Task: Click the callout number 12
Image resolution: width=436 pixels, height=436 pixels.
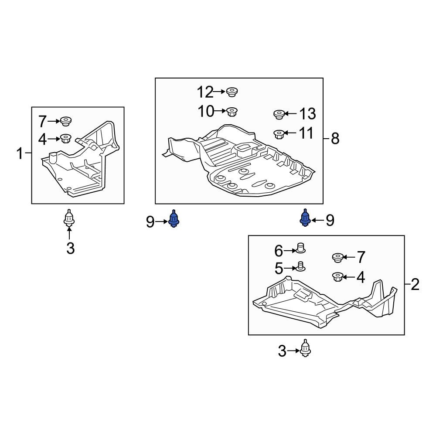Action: point(205,92)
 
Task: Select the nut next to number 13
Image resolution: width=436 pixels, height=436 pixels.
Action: point(279,115)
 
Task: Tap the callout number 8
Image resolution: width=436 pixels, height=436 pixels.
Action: point(334,139)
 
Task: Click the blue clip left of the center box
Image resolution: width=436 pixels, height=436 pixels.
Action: point(174,218)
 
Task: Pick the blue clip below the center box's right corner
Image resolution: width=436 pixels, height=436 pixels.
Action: point(306,218)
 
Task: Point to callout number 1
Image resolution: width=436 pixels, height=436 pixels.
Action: point(19,153)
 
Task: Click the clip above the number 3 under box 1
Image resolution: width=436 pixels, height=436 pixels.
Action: point(68,218)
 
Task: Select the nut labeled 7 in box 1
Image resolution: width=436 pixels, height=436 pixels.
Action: point(65,121)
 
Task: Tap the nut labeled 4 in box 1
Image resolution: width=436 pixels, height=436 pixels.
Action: point(65,139)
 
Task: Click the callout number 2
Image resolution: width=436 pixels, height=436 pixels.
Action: point(415,285)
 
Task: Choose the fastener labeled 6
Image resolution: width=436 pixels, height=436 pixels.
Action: point(300,248)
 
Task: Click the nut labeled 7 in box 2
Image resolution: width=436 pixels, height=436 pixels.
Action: point(337,258)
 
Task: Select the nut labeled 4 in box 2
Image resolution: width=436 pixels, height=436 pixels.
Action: point(337,276)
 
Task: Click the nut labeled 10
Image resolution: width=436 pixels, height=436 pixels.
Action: point(232,112)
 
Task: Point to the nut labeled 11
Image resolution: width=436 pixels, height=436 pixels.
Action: point(278,134)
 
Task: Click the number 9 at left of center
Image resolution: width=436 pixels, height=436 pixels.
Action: point(150,222)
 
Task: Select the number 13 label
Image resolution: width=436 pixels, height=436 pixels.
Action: point(307,114)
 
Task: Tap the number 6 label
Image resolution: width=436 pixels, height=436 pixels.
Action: point(278,251)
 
